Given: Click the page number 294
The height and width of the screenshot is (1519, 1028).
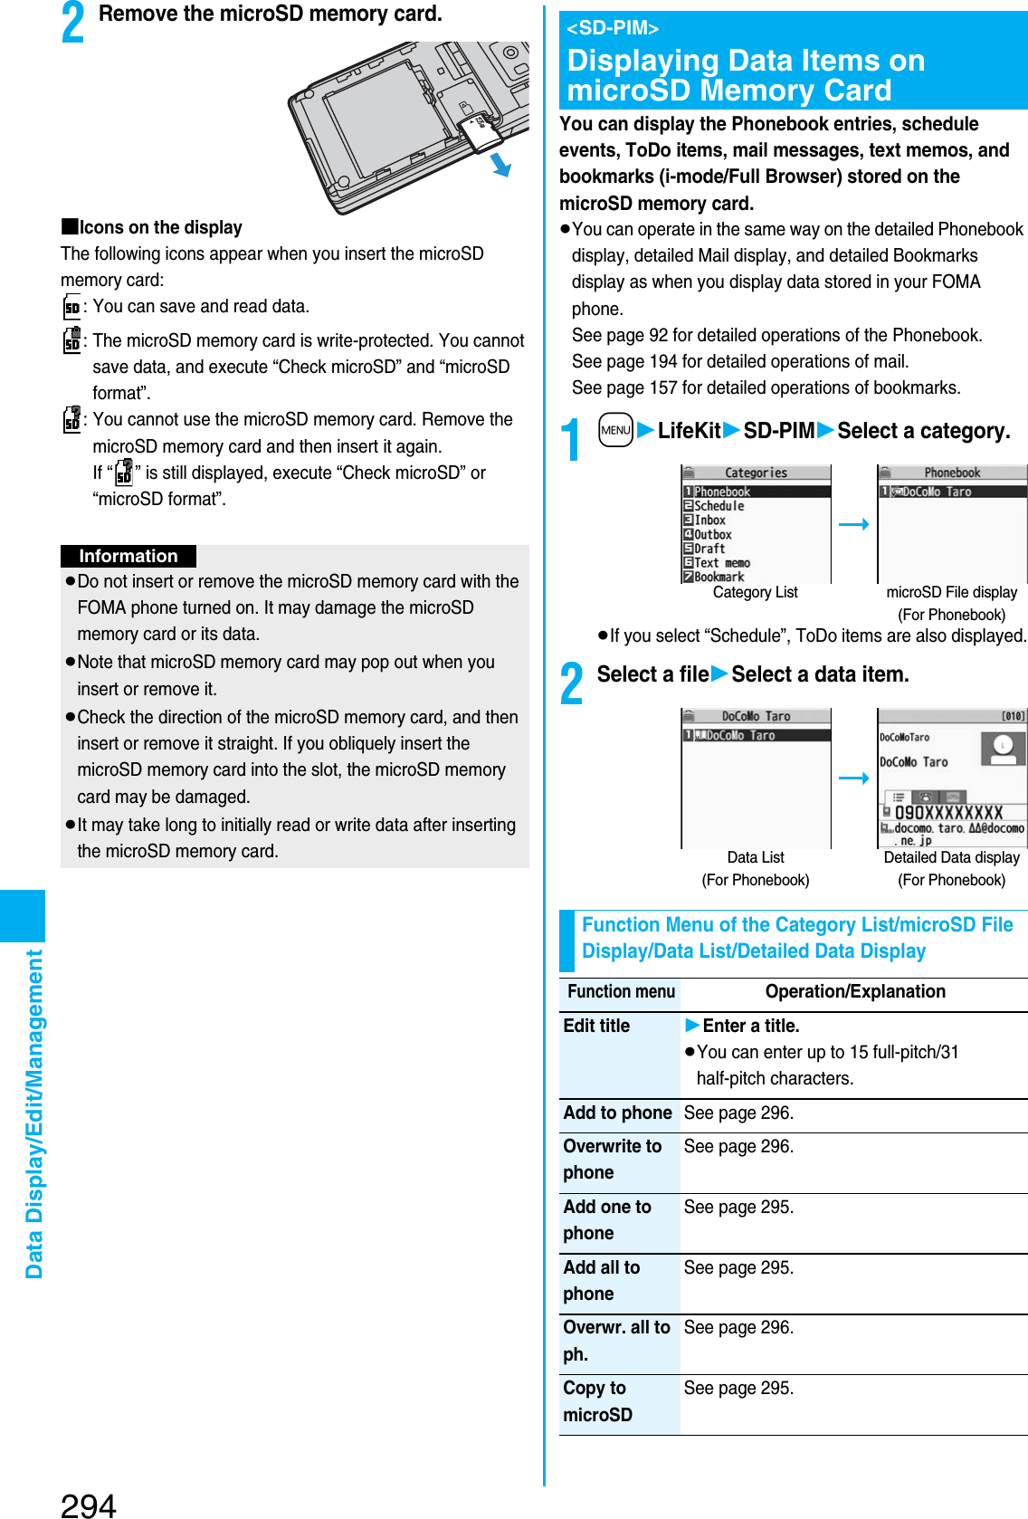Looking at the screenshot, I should coord(89,1504).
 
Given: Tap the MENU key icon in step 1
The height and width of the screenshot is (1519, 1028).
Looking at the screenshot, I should coord(615,430).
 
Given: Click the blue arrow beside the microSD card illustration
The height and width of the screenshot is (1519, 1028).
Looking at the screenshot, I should coord(500,165).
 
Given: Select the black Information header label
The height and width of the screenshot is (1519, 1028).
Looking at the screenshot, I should coord(128,556).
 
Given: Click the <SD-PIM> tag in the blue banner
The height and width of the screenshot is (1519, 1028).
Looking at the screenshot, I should coord(613,28).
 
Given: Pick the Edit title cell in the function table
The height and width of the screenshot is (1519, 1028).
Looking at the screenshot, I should coord(597,1026).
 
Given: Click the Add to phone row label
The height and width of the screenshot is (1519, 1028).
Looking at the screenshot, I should coord(618,1113).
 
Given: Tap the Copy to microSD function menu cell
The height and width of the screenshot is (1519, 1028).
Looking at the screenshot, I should coord(598,1401).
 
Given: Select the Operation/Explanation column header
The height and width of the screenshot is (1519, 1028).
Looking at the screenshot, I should coord(854,992).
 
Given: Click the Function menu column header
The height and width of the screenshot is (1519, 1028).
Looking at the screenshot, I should coord(621,992).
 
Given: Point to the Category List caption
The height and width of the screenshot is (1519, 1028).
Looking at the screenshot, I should coord(755,592).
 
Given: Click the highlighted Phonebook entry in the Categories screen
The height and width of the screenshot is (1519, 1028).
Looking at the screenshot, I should coord(756,492).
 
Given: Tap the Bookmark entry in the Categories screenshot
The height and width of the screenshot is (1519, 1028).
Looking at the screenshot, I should coord(719,577).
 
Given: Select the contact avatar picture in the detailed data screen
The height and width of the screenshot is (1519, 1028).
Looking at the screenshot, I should coord(1003,747).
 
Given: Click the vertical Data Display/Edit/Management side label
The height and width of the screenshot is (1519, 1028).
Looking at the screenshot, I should coord(34,1113).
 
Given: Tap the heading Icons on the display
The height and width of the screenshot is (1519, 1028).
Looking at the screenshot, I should coord(160,227).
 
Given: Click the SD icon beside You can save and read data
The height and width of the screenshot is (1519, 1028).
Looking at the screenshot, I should coord(72,307).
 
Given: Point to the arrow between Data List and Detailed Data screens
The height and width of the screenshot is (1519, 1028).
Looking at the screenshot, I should coord(853,778).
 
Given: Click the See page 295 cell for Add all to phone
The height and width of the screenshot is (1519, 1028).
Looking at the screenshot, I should coord(738,1268).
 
